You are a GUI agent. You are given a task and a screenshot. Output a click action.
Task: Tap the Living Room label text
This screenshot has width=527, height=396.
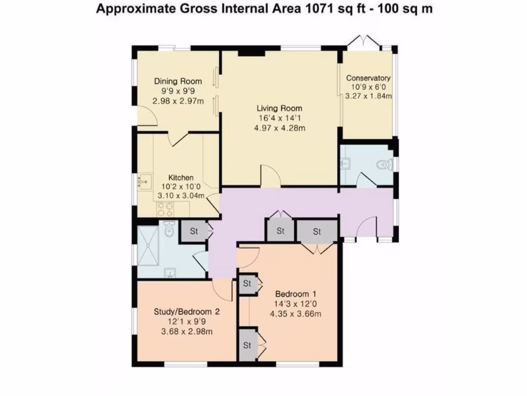click(x=279, y=108)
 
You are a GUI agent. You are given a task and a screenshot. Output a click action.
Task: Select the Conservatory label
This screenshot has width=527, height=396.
click(x=368, y=78)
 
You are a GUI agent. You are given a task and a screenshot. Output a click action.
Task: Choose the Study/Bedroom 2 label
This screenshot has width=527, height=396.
click(x=187, y=312)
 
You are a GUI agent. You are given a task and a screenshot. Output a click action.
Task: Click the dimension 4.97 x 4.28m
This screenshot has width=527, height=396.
click(x=279, y=127)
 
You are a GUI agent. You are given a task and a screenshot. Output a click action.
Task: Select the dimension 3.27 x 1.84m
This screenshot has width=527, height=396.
click(x=368, y=96)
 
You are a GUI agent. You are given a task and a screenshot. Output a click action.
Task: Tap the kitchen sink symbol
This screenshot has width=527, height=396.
click(x=144, y=181)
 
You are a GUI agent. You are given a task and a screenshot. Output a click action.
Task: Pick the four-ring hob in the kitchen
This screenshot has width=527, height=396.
click(x=165, y=208)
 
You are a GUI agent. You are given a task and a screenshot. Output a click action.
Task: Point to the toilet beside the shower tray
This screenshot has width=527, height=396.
click(x=169, y=229)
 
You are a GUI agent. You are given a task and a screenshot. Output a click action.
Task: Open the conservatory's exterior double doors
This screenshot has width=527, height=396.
click(x=364, y=41)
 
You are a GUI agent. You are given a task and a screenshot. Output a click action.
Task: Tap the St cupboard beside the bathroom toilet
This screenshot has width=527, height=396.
click(x=194, y=232)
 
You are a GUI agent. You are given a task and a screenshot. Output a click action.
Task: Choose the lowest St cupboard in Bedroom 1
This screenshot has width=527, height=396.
click(x=247, y=344)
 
